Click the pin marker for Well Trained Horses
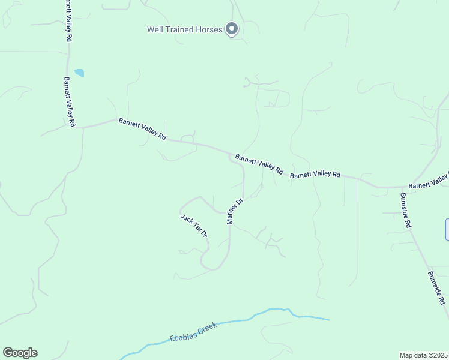[x=232, y=28]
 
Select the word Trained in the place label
[x=175, y=29]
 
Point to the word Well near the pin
[x=154, y=29]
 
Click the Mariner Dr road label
[x=234, y=211]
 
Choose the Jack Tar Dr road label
[x=194, y=225]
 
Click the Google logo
[x=20, y=353]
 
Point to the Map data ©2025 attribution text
[x=423, y=355]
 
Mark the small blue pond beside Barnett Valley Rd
[x=79, y=73]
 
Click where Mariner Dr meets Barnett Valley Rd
[x=231, y=158]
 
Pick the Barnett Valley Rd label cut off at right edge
[x=429, y=181]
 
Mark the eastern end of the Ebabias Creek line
[x=328, y=319]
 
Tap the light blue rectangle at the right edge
[x=447, y=230]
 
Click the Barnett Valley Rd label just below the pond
[x=68, y=101]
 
